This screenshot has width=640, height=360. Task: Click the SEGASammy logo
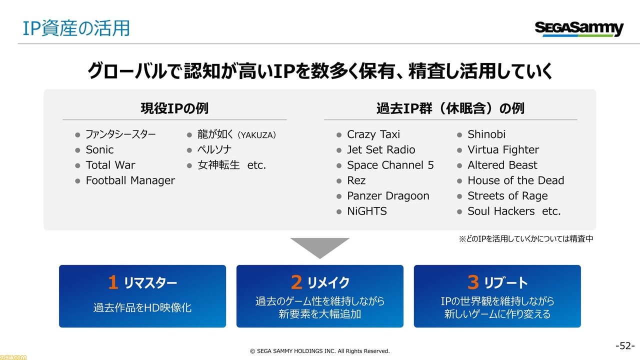point(579,29)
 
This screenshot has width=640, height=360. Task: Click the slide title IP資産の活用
point(76,28)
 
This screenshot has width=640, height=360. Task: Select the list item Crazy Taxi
point(373,134)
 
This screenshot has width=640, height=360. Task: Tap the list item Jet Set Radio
point(381,149)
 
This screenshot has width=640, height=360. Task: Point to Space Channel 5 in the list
point(390,165)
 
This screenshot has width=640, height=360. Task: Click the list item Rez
point(356,180)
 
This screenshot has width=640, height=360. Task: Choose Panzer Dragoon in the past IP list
point(388,196)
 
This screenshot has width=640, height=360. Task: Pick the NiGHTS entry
point(367,211)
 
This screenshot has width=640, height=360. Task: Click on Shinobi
point(486,134)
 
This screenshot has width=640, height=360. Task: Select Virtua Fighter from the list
point(503,149)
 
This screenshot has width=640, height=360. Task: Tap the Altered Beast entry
point(502,165)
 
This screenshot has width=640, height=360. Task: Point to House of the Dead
point(515,180)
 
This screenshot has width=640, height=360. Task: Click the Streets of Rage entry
point(507,196)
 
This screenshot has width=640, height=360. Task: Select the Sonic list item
point(99,149)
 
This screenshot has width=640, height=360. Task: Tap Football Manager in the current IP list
point(130,180)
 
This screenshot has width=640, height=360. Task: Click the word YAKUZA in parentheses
point(257,135)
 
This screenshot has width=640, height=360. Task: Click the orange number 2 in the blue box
point(296,282)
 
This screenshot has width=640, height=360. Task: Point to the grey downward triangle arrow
point(320,247)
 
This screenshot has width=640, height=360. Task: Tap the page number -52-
point(625,346)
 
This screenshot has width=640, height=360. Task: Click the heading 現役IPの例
point(174,108)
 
